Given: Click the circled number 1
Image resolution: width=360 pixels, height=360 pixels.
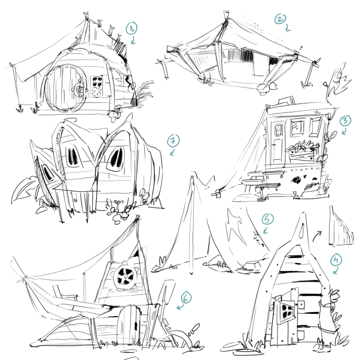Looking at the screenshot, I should pos(131,27).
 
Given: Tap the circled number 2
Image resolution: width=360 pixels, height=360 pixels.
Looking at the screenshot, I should pos(280,20).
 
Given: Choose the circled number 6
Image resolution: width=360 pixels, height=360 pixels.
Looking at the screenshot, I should pos(186,298).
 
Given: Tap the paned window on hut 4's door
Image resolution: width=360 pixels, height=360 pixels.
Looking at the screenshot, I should pos(288,312).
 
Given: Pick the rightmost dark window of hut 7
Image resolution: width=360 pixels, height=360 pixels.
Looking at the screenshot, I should pos(116,157).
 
